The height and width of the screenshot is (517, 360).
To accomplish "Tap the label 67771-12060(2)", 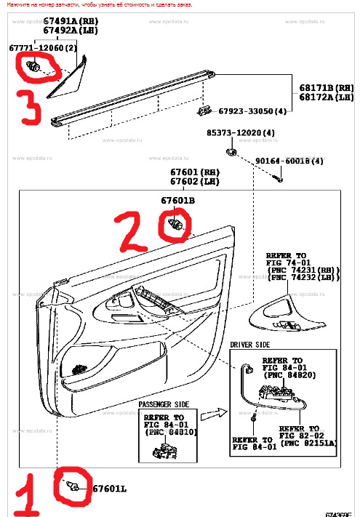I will [x=43, y=47].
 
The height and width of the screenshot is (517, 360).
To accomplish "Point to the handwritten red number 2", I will [x=134, y=231].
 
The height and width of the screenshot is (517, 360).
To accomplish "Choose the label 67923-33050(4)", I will [x=251, y=111].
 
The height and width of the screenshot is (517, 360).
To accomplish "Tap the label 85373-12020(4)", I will [x=239, y=133].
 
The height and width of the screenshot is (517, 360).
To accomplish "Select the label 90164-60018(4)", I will [x=289, y=161].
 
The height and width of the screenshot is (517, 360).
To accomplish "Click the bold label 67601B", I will [x=178, y=199].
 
